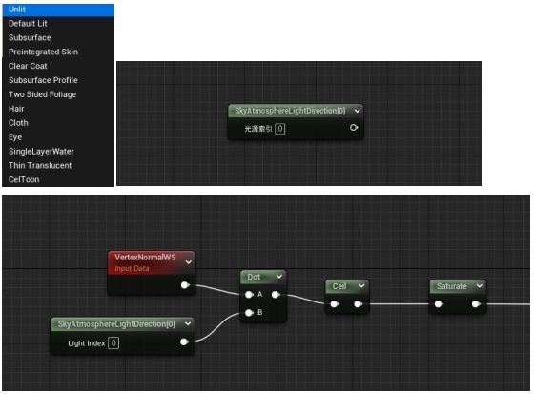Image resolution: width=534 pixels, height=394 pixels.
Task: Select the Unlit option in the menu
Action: pyautogui.click(x=17, y=10)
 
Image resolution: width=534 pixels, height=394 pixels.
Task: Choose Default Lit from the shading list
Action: pyautogui.click(x=28, y=24)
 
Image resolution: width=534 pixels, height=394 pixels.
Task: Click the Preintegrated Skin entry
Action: pyautogui.click(x=43, y=52)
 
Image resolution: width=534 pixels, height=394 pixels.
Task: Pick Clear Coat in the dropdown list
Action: pyautogui.click(x=28, y=66)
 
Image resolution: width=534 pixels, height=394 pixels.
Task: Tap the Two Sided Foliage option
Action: pyautogui.click(x=42, y=94)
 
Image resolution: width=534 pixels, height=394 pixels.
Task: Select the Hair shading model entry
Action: pyautogui.click(x=16, y=109)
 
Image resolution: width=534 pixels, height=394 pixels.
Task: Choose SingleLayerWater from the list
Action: pyautogui.click(x=41, y=152)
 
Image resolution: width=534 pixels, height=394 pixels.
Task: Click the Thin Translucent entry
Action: pyautogui.click(x=40, y=166)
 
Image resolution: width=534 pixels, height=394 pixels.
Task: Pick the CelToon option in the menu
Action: pyautogui.click(x=24, y=179)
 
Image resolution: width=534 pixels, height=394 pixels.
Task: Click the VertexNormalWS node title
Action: pyautogui.click(x=145, y=258)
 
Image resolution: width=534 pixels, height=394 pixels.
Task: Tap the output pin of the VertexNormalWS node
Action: pyautogui.click(x=185, y=285)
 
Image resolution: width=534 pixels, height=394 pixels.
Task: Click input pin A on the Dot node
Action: pyautogui.click(x=249, y=295)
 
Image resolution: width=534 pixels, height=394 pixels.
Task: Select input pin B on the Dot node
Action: pyautogui.click(x=249, y=313)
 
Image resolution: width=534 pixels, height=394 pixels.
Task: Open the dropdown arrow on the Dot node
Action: pyautogui.click(x=279, y=277)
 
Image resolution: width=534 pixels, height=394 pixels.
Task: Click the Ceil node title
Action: pyautogui.click(x=339, y=286)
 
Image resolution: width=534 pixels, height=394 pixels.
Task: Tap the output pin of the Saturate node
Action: pyautogui.click(x=476, y=304)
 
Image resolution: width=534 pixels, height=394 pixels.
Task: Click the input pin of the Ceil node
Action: pyautogui.click(x=335, y=304)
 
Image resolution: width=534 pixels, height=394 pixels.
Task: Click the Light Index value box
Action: pyautogui.click(x=113, y=342)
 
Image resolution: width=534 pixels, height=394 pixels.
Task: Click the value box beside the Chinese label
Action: pyautogui.click(x=280, y=129)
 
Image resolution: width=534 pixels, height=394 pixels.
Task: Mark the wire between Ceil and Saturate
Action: pyautogui.click(x=400, y=304)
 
